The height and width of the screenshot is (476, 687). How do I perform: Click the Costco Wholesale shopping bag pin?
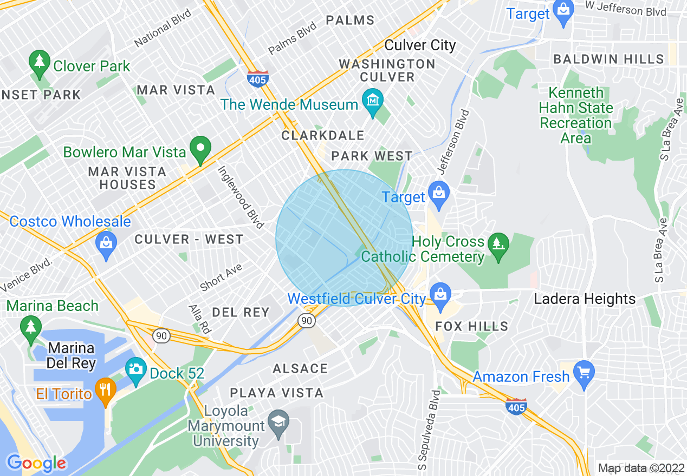coord(106,244)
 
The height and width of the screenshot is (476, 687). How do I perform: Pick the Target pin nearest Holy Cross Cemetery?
coord(438,195)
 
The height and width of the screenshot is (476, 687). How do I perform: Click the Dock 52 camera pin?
coord(135,370)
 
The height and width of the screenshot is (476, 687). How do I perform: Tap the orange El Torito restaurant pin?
coord(106,391)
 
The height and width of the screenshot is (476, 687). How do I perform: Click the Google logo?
coord(36,463)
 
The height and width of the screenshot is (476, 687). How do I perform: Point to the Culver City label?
coord(420,45)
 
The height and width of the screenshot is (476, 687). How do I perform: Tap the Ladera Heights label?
coord(585,299)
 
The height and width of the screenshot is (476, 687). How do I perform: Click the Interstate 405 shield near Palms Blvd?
coord(257,79)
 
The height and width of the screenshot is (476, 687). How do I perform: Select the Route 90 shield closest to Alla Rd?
coord(161,335)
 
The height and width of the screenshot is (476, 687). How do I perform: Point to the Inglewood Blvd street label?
coord(241,196)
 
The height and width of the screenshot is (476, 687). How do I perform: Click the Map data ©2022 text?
coord(641,468)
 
